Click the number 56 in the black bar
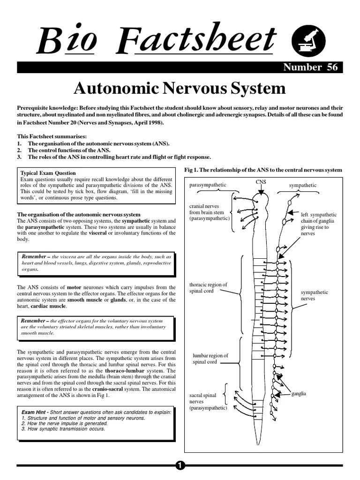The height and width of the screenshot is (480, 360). (x=332, y=67)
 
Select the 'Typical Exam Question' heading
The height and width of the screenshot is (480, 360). (x=48, y=173)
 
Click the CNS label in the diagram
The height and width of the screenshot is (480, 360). (x=261, y=182)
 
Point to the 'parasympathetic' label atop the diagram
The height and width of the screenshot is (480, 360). (x=208, y=185)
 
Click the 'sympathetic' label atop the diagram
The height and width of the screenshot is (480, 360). (x=302, y=186)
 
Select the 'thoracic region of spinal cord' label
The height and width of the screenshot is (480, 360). (x=208, y=288)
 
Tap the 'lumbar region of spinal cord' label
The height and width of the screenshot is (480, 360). (x=210, y=359)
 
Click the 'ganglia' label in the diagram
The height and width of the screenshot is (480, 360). (x=299, y=393)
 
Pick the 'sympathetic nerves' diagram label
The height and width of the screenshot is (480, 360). (x=314, y=295)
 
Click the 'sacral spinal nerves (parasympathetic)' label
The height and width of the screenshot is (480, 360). (x=208, y=402)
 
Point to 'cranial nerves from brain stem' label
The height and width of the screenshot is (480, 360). (x=210, y=212)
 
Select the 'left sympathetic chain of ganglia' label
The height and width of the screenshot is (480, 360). (x=319, y=224)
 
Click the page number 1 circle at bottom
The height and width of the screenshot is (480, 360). (x=180, y=465)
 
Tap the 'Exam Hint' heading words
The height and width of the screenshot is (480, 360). (x=34, y=412)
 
